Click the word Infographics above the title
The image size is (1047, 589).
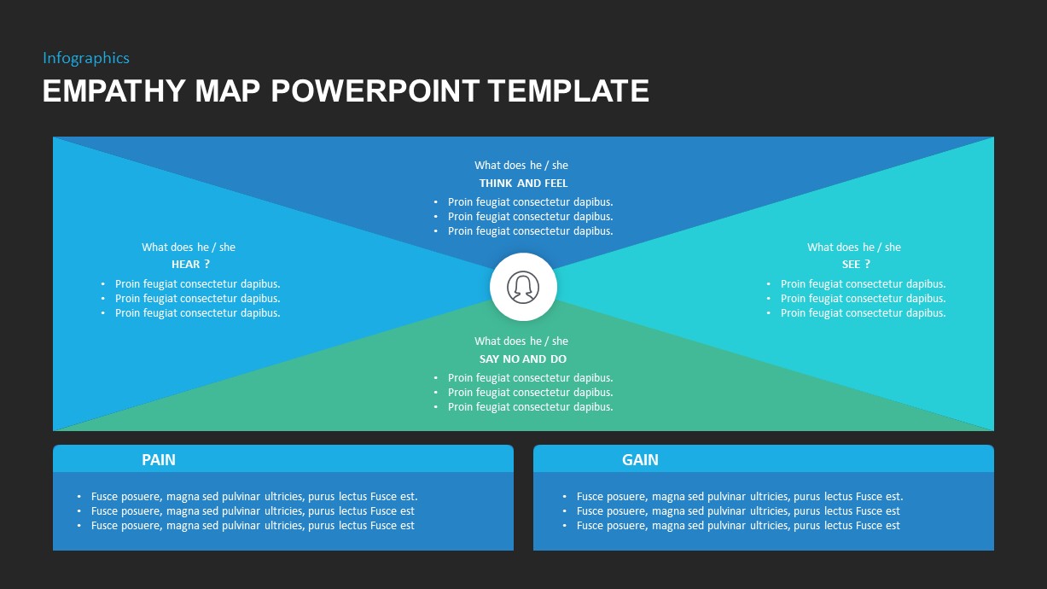coord(86,58)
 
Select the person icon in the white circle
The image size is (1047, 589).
coord(523,287)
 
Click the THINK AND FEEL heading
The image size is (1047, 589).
coord(523,184)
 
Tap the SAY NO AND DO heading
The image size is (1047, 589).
coord(523,359)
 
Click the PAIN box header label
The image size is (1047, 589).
coord(159,460)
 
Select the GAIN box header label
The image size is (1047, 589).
coord(640,460)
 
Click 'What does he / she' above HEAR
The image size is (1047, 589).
coord(189,248)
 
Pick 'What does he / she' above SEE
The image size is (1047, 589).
coord(854,248)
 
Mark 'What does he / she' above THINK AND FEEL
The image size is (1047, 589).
coord(521,166)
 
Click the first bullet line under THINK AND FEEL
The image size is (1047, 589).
coord(530,202)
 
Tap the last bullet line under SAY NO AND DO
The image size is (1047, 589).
coord(530,407)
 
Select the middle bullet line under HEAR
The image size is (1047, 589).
coord(197,299)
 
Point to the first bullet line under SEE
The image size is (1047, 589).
coord(863,284)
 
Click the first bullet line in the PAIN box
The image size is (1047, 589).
coord(254,497)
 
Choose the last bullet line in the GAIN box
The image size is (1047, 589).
coord(738,526)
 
